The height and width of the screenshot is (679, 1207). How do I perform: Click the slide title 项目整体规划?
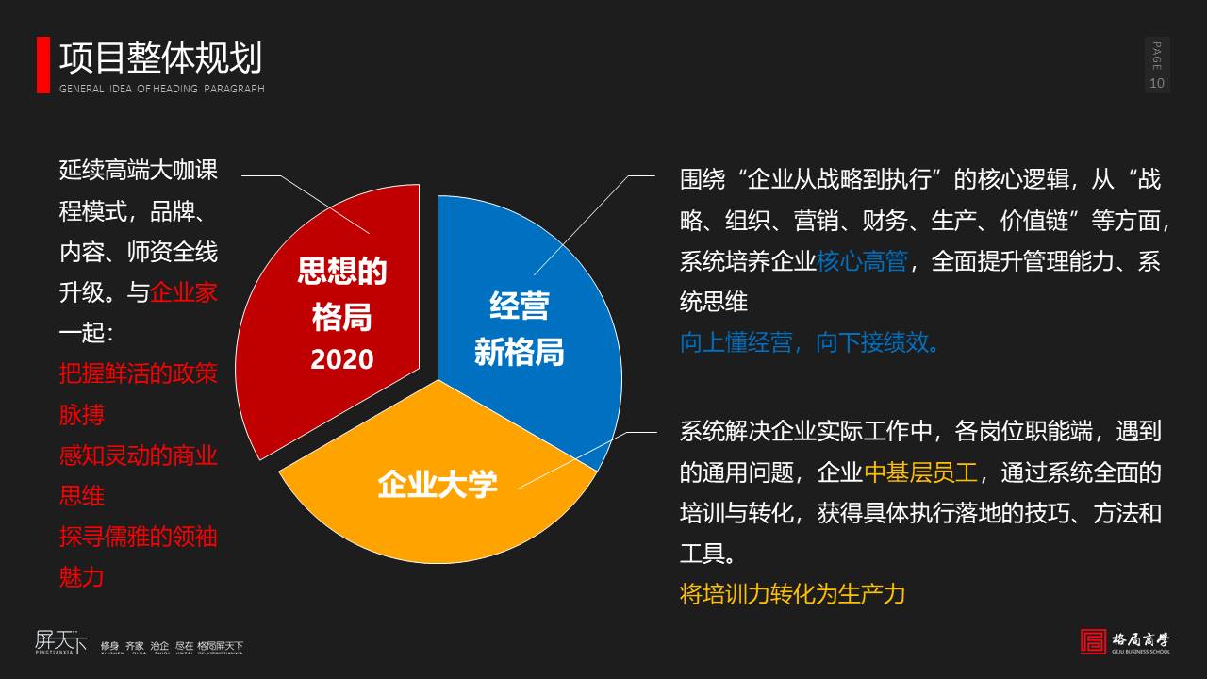tap(160, 58)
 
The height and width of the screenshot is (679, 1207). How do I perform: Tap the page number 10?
tap(1157, 83)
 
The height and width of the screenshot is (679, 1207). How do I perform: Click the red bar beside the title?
tap(42, 65)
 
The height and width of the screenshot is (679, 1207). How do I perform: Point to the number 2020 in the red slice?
tap(342, 359)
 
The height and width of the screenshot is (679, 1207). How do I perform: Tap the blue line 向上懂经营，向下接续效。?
tap(810, 341)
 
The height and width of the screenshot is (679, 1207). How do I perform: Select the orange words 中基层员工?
tap(922, 472)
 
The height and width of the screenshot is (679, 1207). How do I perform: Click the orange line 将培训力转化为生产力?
tap(792, 593)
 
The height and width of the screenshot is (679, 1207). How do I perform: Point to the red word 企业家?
tap(184, 291)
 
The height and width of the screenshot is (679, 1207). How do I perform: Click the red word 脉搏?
tap(82, 414)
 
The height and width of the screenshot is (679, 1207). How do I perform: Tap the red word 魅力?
tap(82, 576)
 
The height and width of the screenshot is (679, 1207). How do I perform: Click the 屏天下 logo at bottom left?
tap(60, 642)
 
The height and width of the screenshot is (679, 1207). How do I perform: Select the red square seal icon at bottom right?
tap(1093, 641)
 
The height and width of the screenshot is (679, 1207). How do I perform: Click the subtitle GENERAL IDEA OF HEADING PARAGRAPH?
tap(162, 89)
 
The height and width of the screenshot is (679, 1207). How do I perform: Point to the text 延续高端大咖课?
tap(139, 170)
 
